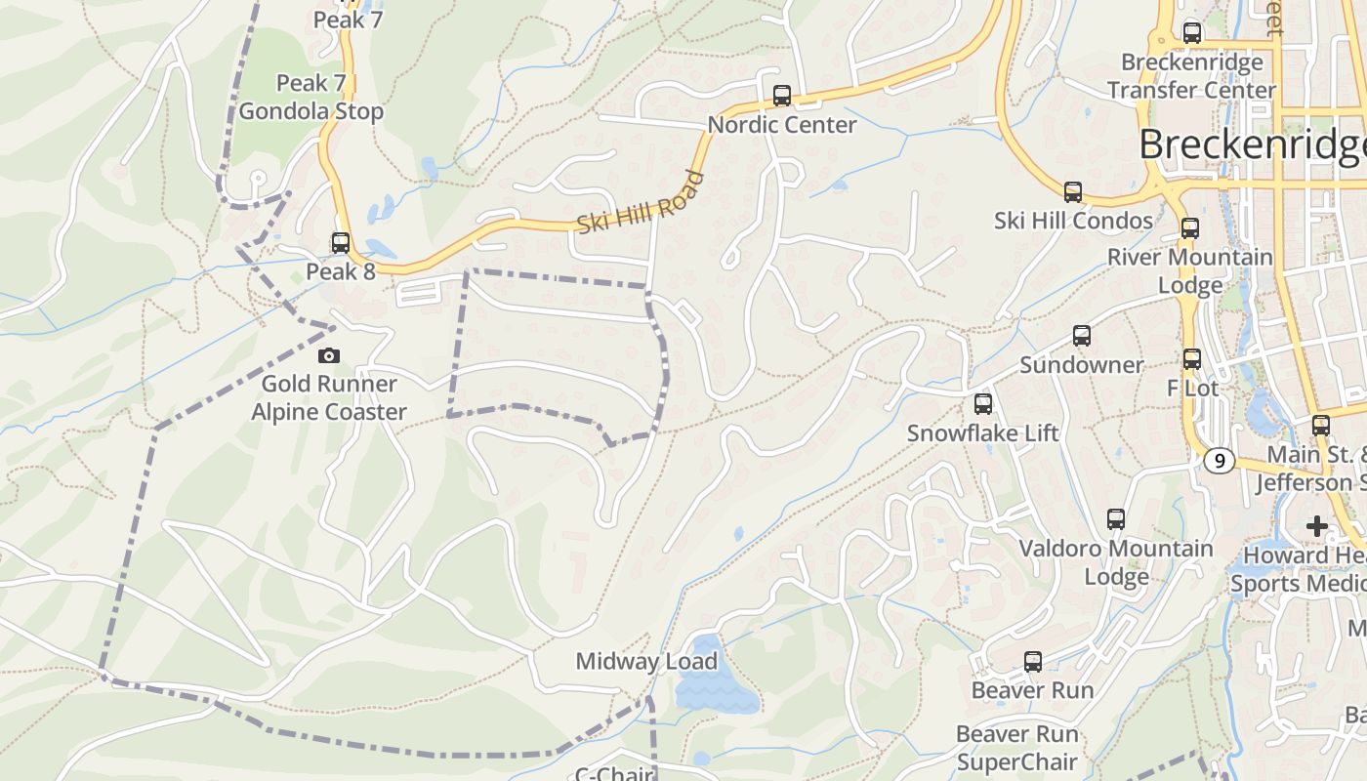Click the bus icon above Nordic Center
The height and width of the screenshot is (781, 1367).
point(781,96)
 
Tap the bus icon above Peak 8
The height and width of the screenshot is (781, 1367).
point(341,243)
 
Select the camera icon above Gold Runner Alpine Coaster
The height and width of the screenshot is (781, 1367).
point(329,355)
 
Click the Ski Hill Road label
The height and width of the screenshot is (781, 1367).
point(640,203)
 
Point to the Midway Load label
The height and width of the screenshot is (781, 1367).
point(646,662)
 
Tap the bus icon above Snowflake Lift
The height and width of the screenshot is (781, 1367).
point(983,404)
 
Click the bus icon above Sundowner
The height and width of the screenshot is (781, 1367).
point(1082,336)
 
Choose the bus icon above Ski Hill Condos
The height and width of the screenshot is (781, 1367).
point(1073,192)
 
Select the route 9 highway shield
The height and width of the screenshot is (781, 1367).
point(1218,460)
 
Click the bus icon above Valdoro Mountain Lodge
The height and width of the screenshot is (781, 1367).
point(1116,519)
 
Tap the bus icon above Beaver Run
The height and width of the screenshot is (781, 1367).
point(1033,662)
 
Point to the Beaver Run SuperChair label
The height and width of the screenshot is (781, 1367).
point(1017,748)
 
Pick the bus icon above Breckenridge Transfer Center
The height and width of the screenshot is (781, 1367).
point(1192,33)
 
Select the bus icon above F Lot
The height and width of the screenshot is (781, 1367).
point(1192,359)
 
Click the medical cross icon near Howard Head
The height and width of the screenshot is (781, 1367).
point(1317,527)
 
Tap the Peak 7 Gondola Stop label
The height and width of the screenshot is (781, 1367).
point(311,98)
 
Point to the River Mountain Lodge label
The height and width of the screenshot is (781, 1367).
point(1189,270)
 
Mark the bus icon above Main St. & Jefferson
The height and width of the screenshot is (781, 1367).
point(1321,426)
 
